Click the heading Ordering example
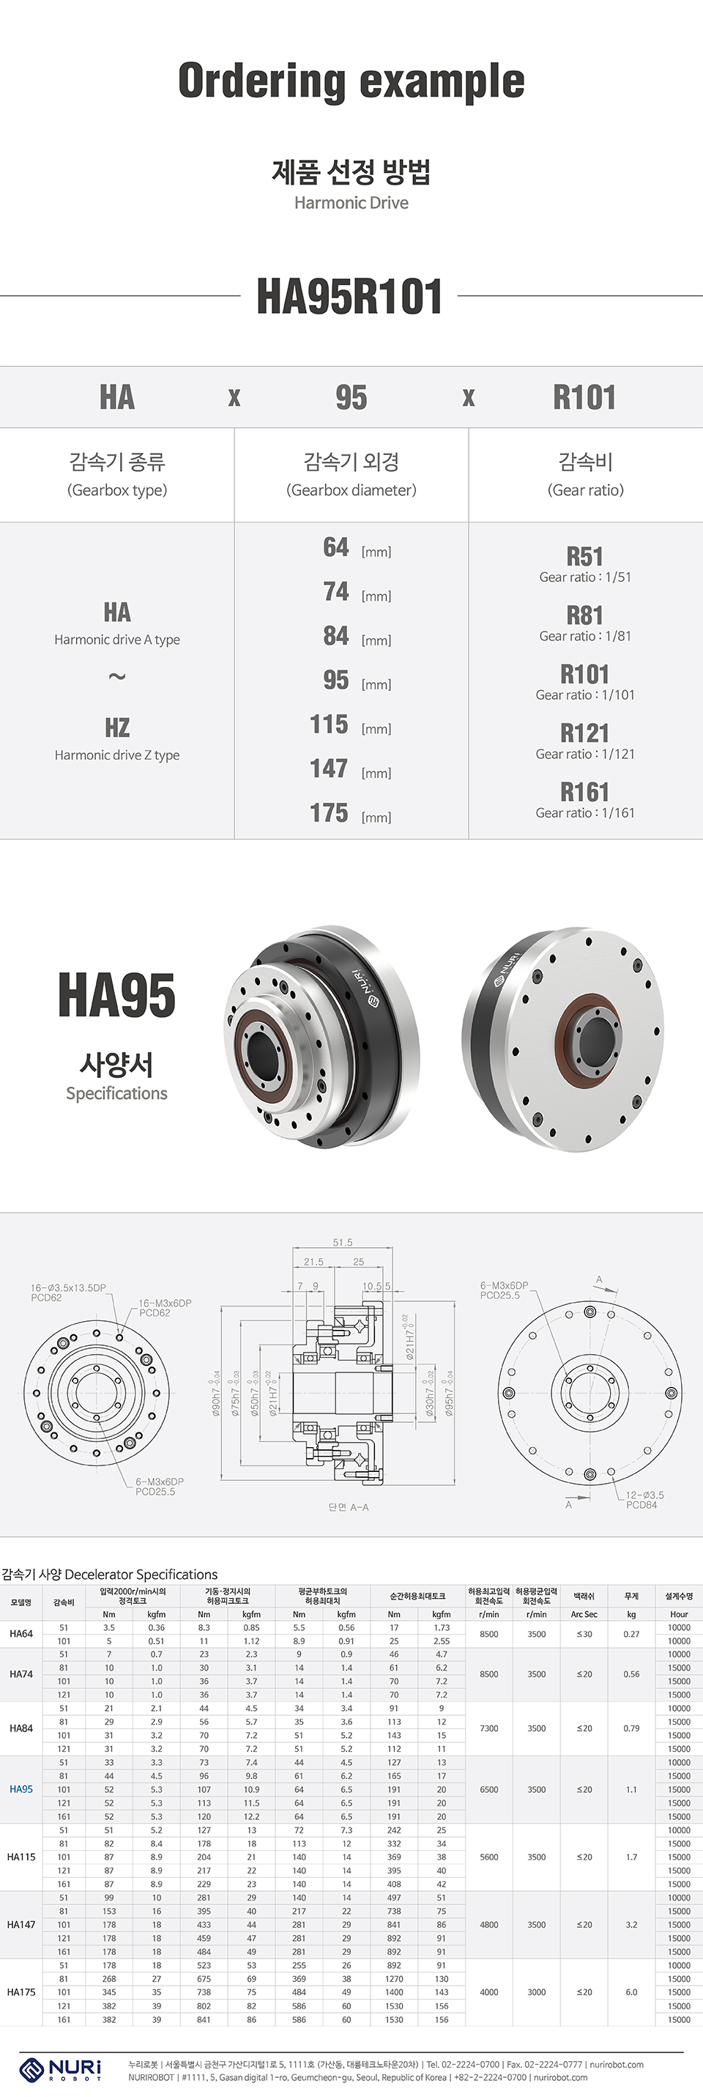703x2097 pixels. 351,82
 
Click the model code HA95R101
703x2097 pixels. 350,296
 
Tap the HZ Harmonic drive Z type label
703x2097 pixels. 117,739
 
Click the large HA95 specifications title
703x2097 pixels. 116,996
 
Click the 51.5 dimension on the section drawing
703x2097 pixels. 343,1242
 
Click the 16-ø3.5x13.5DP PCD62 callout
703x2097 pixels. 68,1292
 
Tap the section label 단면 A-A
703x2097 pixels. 349,1507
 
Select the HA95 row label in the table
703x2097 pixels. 21,1789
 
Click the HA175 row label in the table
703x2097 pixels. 21,1992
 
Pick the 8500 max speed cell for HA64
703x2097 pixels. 489,1634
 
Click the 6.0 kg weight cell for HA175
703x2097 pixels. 631,1992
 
